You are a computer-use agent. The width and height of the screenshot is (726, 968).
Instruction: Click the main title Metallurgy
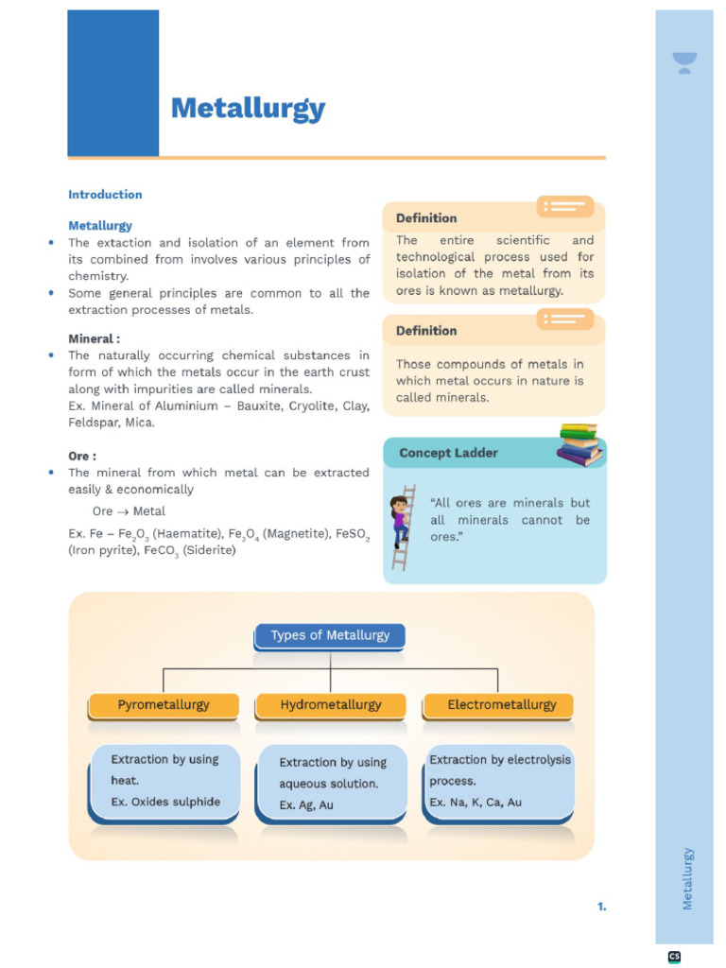tap(248, 110)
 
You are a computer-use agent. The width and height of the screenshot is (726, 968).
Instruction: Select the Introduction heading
tap(105, 195)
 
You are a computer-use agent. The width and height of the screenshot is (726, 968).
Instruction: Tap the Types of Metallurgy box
tap(330, 635)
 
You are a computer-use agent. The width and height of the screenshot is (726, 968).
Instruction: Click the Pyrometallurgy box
tap(164, 705)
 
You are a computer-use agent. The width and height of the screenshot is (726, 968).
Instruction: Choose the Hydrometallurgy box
tap(331, 705)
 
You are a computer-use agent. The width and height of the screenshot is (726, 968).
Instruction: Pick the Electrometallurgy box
tap(501, 705)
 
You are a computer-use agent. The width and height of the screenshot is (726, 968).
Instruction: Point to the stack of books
tap(579, 444)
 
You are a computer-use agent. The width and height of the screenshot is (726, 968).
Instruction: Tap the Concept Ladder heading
tap(448, 453)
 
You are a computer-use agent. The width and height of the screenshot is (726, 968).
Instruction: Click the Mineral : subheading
tap(95, 338)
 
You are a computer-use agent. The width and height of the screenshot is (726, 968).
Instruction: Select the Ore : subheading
tap(82, 456)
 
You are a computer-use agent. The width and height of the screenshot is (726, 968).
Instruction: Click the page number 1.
tap(601, 907)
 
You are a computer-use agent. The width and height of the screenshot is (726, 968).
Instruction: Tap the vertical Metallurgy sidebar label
tap(687, 878)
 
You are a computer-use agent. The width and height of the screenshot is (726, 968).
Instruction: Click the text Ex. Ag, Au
tap(306, 805)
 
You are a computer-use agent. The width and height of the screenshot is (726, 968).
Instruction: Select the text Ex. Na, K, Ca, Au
tap(475, 803)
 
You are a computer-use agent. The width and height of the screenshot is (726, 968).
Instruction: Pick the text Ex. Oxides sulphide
tap(165, 803)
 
